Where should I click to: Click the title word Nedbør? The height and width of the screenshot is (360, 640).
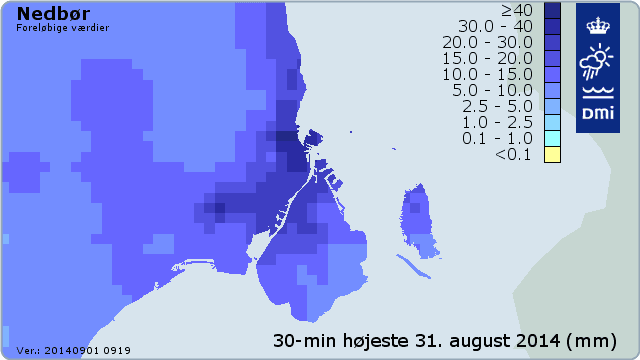[49, 14]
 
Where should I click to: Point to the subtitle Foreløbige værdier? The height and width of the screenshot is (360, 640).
[63, 28]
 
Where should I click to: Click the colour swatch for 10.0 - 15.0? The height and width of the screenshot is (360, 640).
[552, 74]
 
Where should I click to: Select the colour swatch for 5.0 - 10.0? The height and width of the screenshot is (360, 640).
[552, 90]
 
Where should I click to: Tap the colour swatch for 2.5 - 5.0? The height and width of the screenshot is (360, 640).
[552, 106]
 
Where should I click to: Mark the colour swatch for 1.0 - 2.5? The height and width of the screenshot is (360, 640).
[552, 122]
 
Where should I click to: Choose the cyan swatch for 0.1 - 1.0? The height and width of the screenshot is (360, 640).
[552, 138]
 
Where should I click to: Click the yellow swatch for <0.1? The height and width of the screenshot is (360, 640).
[552, 154]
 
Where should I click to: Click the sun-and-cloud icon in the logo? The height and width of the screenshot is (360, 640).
[598, 62]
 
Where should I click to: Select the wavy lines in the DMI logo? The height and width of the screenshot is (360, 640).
[598, 94]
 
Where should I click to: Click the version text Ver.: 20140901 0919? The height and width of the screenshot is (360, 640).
[73, 351]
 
